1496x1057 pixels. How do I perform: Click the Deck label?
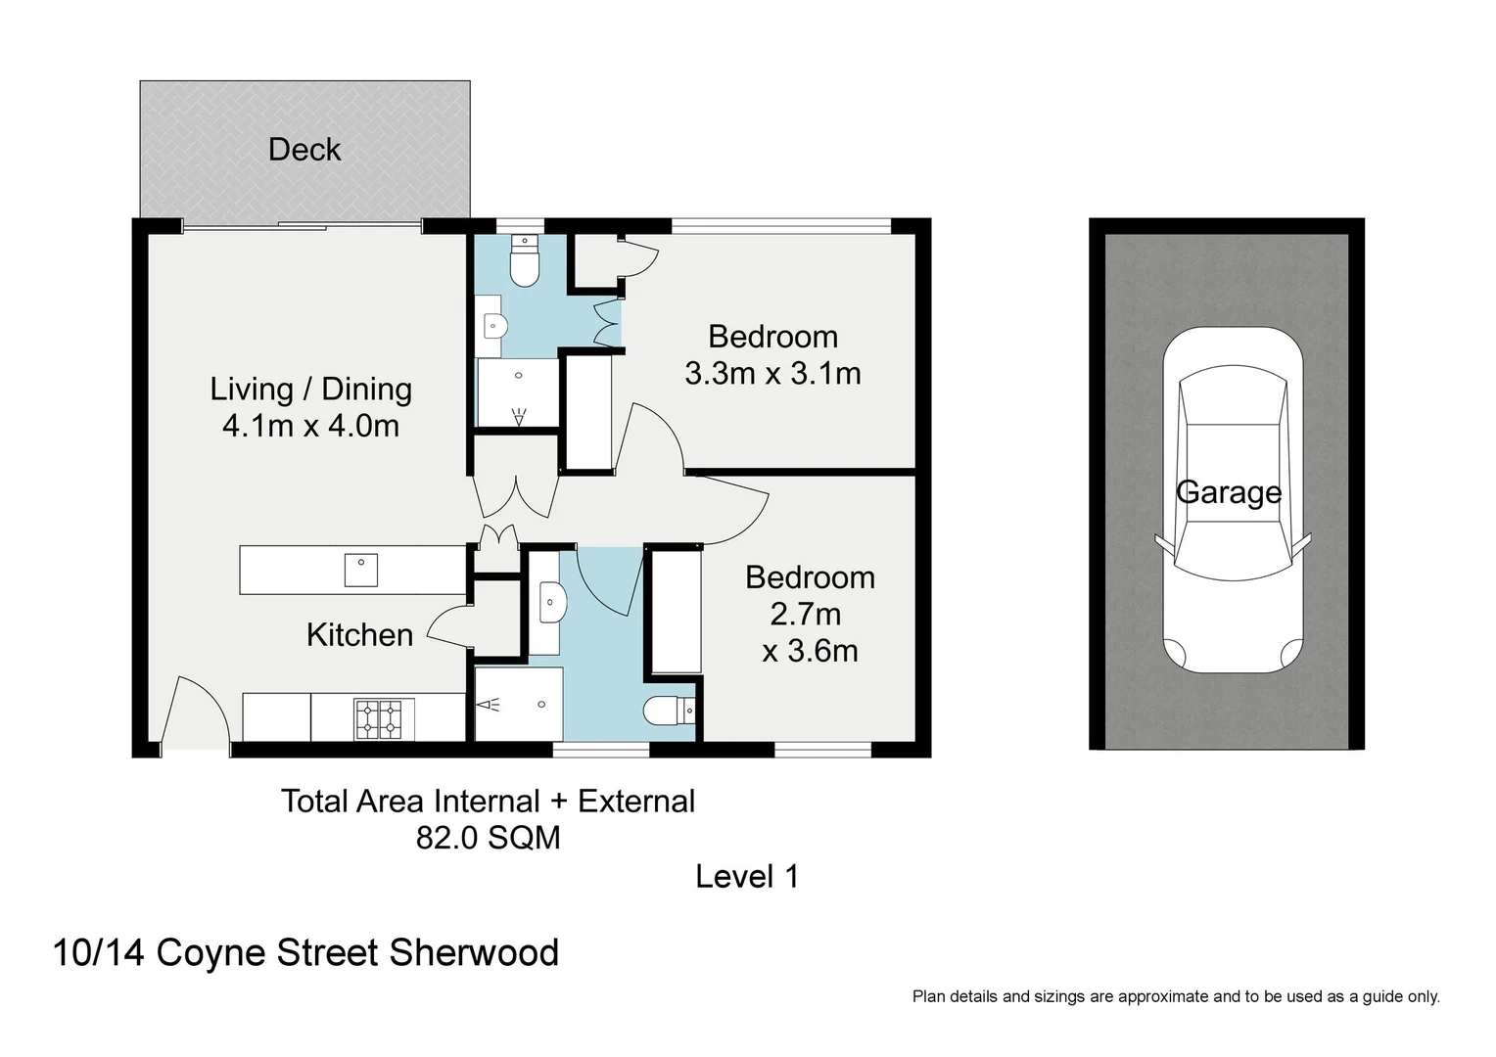(304, 150)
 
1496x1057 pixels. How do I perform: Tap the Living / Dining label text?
(311, 390)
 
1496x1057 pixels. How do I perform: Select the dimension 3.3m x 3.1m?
(772, 373)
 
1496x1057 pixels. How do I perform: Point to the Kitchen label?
(360, 635)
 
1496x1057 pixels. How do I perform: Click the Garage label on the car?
(1229, 492)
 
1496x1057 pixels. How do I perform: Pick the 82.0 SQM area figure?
(489, 838)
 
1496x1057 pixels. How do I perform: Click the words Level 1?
(747, 877)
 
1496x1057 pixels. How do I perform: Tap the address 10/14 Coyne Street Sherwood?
(305, 953)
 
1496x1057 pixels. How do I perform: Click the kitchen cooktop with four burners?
(379, 718)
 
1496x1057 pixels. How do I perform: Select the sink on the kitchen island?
(361, 571)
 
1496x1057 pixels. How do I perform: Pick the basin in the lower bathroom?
(551, 602)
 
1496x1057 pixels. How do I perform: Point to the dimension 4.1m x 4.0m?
(311, 426)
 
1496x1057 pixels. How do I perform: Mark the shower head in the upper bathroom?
(518, 417)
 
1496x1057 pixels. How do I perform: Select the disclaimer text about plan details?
(1176, 997)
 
